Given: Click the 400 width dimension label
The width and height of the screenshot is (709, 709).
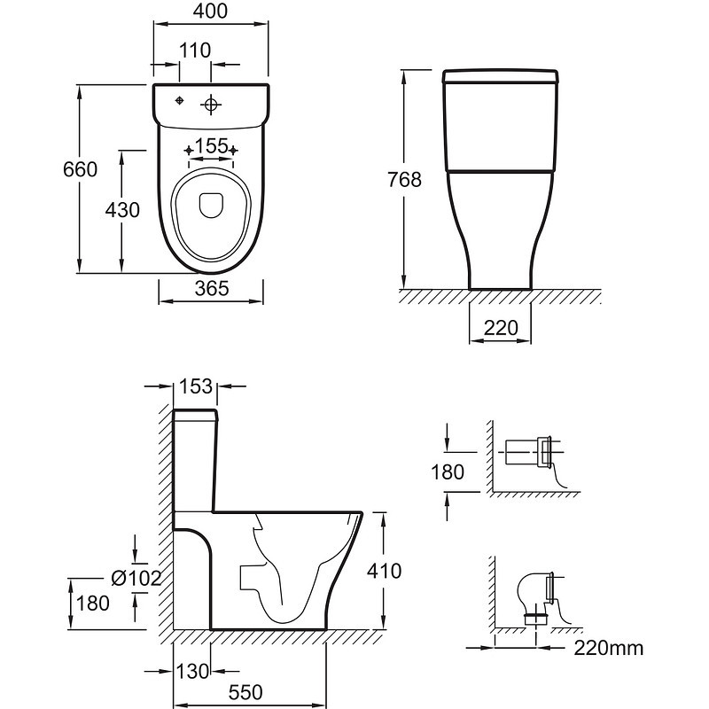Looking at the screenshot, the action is [210, 12].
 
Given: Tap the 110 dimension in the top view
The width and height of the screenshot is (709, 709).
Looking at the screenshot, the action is [195, 51].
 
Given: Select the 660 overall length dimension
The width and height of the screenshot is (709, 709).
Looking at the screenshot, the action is [80, 169].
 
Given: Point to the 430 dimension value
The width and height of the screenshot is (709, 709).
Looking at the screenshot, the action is [122, 210].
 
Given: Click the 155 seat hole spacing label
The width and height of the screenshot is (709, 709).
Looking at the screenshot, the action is [211, 146].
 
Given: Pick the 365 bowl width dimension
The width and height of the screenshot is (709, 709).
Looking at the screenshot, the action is [212, 288].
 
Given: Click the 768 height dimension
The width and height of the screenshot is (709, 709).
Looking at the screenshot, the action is [404, 180].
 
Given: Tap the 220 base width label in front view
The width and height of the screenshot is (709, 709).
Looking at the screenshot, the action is [501, 328].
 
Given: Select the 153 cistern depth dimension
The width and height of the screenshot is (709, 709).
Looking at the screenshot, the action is [196, 386].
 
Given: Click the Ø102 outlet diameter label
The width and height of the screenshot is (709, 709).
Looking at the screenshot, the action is [136, 578].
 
